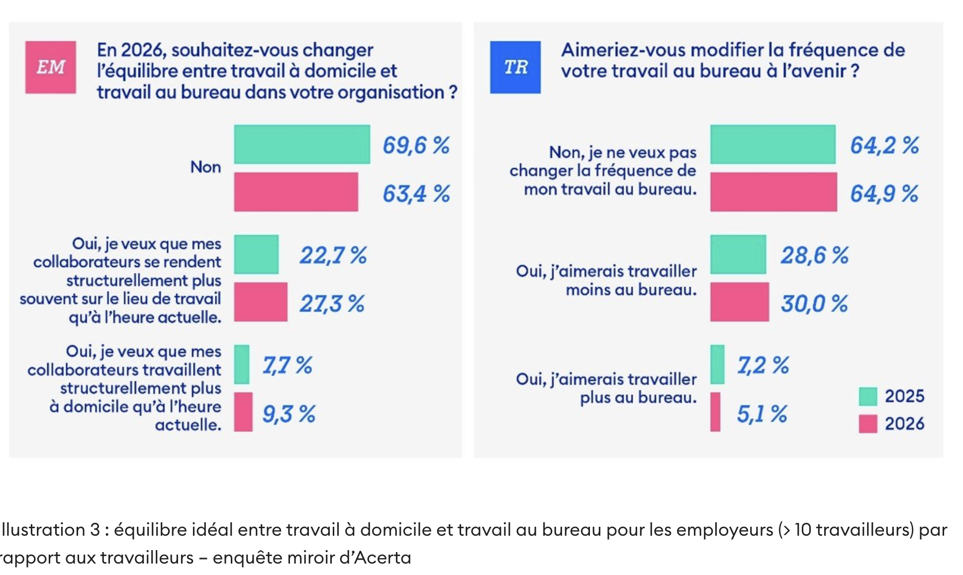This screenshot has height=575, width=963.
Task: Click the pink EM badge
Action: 51,67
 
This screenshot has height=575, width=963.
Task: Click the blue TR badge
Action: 515,67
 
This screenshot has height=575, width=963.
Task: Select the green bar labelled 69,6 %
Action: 302,144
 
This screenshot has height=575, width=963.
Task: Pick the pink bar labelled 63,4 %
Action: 296,192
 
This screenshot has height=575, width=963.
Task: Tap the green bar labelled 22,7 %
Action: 256,254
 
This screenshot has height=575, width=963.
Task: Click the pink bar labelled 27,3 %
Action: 261,302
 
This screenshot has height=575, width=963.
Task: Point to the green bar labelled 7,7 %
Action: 242,364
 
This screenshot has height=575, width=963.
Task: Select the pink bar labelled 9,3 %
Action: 243,412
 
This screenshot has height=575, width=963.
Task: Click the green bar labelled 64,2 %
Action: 772,144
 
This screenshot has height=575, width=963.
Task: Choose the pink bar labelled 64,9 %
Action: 773,192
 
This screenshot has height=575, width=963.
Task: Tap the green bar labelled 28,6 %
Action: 738,254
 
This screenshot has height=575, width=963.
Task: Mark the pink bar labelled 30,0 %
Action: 740,302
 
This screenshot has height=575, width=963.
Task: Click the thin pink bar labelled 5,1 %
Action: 715,412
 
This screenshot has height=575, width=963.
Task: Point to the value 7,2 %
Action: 763,365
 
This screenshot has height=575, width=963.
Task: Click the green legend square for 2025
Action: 868,396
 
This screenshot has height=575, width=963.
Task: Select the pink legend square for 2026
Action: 868,424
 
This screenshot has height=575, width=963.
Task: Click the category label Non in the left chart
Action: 205,167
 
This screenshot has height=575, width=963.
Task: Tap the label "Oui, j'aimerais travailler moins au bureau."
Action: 606,281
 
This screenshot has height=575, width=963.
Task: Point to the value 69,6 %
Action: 416,145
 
